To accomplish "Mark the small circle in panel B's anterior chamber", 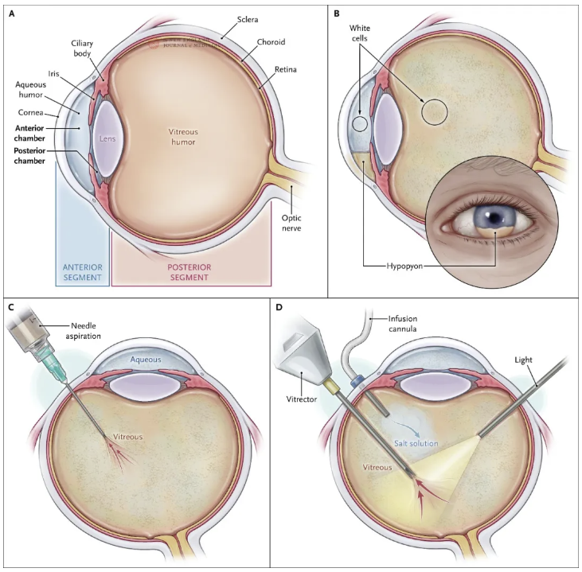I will pyautogui.click(x=360, y=123).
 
